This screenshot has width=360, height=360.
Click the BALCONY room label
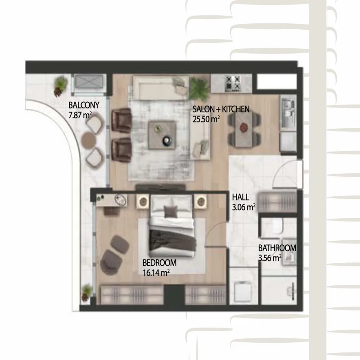(84, 105)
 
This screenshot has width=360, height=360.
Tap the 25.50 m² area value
(206, 119)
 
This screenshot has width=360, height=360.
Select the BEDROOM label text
(160, 263)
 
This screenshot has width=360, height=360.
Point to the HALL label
(240, 197)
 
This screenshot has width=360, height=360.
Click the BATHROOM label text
(277, 248)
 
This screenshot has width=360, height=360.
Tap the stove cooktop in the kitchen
(233, 84)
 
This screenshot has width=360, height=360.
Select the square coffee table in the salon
(162, 135)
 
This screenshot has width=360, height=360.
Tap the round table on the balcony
(89, 139)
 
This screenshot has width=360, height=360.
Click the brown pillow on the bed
(171, 211)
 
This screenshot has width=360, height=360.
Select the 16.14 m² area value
(156, 273)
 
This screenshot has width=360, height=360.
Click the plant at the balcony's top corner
(61, 86)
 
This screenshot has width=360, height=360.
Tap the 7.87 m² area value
(80, 115)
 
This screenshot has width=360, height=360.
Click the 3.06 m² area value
(243, 207)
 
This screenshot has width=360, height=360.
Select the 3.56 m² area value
(270, 258)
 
